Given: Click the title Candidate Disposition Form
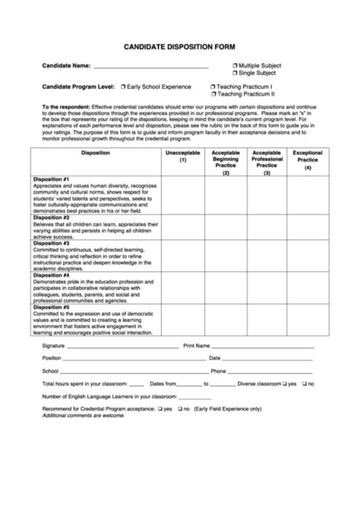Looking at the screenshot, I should tap(181, 46).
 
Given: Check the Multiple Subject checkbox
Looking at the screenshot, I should tap(235, 66).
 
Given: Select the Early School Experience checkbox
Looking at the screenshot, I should tap(122, 87).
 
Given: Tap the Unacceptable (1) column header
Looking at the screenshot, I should tap(183, 156).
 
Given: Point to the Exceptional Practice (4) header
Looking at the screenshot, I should tap(308, 160).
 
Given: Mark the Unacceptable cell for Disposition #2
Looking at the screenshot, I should tap(183, 227).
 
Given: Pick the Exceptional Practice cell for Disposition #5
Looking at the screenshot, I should tap(308, 320).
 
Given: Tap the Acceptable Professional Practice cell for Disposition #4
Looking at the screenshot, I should tap(267, 288).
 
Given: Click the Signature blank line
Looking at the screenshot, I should tap(122, 346).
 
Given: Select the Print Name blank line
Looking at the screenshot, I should tap(262, 346).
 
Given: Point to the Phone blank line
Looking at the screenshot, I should tap(270, 372).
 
